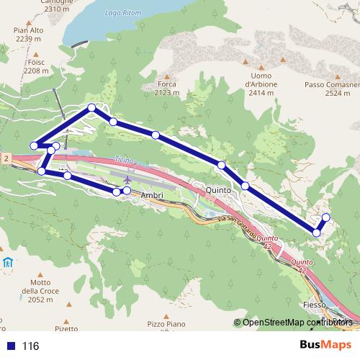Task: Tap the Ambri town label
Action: (153, 195)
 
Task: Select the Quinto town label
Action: (218, 190)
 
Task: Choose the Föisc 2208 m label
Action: (35, 67)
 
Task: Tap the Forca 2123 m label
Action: (167, 88)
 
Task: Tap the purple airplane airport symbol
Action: (128, 179)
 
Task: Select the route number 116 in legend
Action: (30, 346)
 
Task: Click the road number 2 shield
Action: (5, 158)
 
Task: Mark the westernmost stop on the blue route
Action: (33, 146)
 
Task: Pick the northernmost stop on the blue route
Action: (91, 108)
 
